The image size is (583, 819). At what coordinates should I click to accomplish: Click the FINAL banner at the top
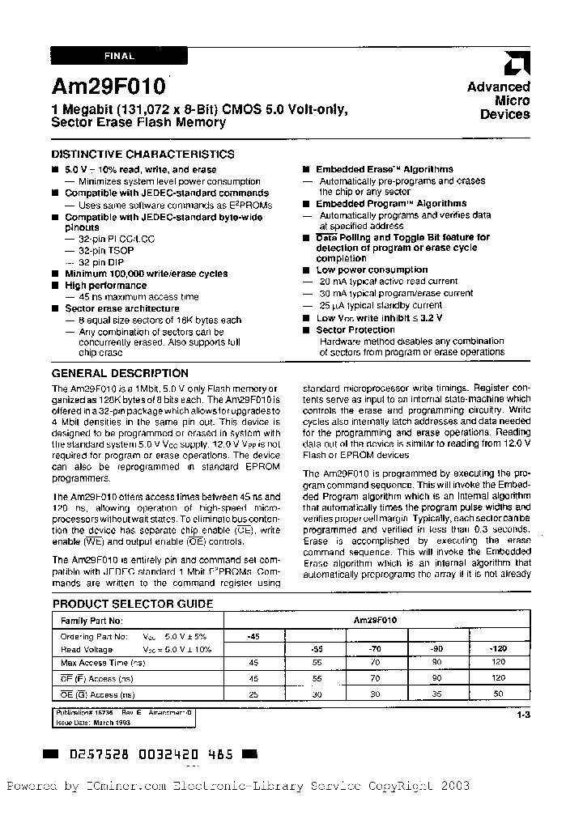tap(119, 57)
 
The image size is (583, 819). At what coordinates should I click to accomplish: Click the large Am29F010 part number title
tap(109, 87)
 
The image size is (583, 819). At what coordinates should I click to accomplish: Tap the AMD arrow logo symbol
tap(516, 64)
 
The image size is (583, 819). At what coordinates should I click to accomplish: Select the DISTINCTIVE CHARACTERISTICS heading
tap(143, 154)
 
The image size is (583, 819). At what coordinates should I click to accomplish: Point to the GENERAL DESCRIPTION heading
tap(120, 373)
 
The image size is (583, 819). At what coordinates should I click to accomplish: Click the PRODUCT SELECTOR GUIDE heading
tap(133, 604)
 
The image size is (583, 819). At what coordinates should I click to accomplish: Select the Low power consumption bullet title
tap(372, 269)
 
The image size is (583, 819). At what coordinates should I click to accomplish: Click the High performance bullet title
tap(105, 285)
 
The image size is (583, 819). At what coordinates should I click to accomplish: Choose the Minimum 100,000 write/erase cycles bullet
tap(146, 274)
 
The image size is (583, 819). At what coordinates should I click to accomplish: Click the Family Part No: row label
tap(91, 620)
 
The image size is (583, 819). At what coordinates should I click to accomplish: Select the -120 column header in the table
tap(498, 649)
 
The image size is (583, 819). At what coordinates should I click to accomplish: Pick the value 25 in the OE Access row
tap(253, 694)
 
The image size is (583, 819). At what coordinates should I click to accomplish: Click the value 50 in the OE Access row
tap(498, 694)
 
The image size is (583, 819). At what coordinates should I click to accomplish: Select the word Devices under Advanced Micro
tap(504, 114)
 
